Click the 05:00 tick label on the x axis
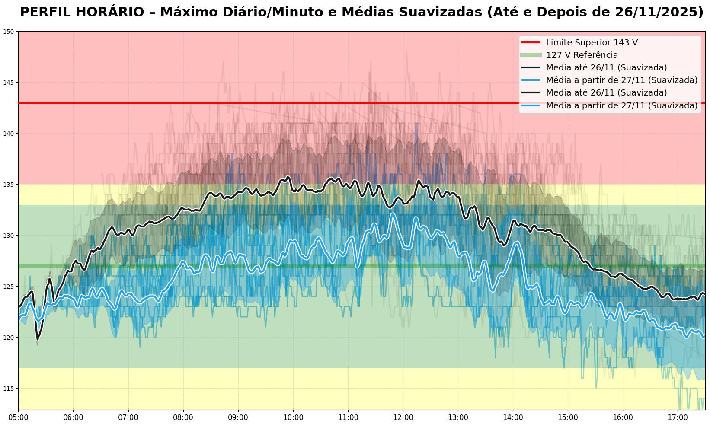pyautogui.click(x=18, y=418)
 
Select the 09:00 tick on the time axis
pyautogui.click(x=238, y=418)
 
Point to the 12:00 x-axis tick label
pyautogui.click(x=403, y=418)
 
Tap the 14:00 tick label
pyautogui.click(x=513, y=418)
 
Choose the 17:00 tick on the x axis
pyautogui.click(x=678, y=418)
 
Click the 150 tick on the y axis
pyautogui.click(x=9, y=32)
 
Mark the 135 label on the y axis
pyautogui.click(x=9, y=185)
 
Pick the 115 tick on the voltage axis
pyautogui.click(x=9, y=389)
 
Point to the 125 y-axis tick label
pyautogui.click(x=9, y=287)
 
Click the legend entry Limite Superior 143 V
pyautogui.click(x=592, y=42)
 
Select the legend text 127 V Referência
pyautogui.click(x=582, y=55)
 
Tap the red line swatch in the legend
pyautogui.click(x=531, y=42)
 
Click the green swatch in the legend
pyautogui.click(x=531, y=55)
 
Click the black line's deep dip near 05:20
pyautogui.click(x=38, y=339)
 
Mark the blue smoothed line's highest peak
pyautogui.click(x=393, y=213)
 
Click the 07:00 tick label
pyautogui.click(x=128, y=418)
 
